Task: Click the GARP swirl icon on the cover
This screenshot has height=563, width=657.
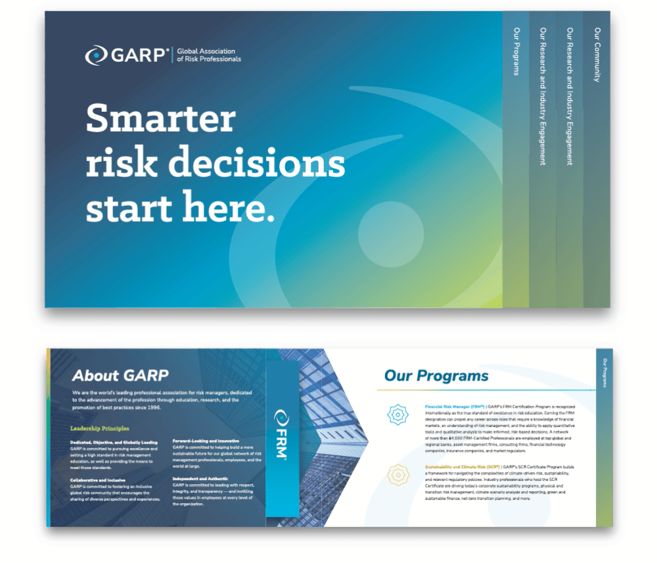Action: click(x=96, y=55)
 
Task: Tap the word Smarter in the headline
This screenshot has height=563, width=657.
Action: click(x=160, y=120)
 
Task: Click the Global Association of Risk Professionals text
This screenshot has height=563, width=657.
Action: click(x=209, y=55)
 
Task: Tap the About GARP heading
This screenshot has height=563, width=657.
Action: click(x=120, y=376)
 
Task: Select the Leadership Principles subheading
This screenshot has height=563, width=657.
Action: click(x=100, y=429)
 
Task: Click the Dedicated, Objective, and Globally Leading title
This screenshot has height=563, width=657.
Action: click(x=114, y=443)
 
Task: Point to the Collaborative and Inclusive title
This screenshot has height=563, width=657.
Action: click(x=98, y=480)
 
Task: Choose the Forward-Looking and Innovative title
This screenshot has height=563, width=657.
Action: click(x=206, y=440)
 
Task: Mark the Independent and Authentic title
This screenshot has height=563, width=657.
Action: click(x=201, y=478)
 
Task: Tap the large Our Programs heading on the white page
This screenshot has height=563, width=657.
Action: click(x=436, y=376)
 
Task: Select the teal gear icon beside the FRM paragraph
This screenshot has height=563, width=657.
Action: click(x=397, y=414)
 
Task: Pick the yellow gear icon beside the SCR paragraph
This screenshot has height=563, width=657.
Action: click(x=397, y=474)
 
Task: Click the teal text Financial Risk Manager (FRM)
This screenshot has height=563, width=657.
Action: click(x=454, y=407)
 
